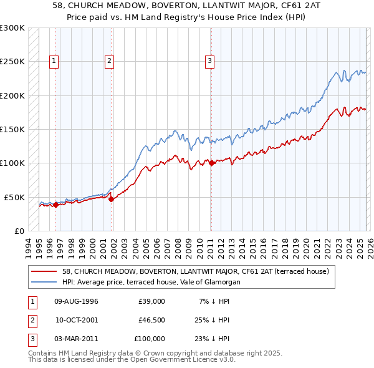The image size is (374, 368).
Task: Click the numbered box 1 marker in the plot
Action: (55, 61)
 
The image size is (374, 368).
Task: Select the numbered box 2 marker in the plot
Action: (109, 61)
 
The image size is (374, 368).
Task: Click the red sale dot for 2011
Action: (211, 163)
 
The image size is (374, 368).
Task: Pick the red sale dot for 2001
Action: (112, 200)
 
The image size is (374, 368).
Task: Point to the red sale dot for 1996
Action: (55, 205)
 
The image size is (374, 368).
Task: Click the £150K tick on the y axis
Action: (12, 130)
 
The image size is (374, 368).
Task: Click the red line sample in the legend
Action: (45, 271)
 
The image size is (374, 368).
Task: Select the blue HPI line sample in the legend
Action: (45, 282)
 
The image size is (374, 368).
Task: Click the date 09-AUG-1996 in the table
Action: (76, 301)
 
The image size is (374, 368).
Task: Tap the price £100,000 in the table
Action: (149, 339)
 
